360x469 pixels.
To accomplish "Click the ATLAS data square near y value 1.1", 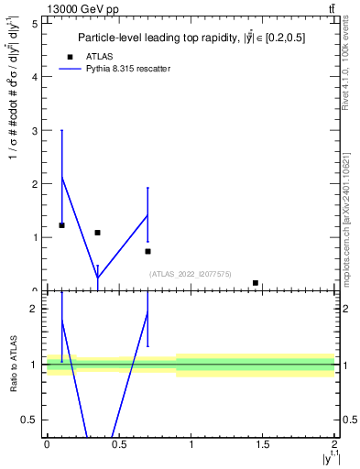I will click(x=97, y=233).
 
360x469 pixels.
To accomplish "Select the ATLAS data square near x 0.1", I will click(x=61, y=225).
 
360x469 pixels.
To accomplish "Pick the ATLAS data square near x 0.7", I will click(x=147, y=251).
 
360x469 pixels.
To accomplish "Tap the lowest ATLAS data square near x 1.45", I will click(x=256, y=283).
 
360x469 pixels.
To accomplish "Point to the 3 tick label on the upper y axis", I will click(x=35, y=130).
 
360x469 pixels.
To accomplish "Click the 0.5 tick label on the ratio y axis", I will click(x=30, y=420).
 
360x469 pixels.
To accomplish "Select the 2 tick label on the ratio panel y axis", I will click(x=35, y=310).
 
